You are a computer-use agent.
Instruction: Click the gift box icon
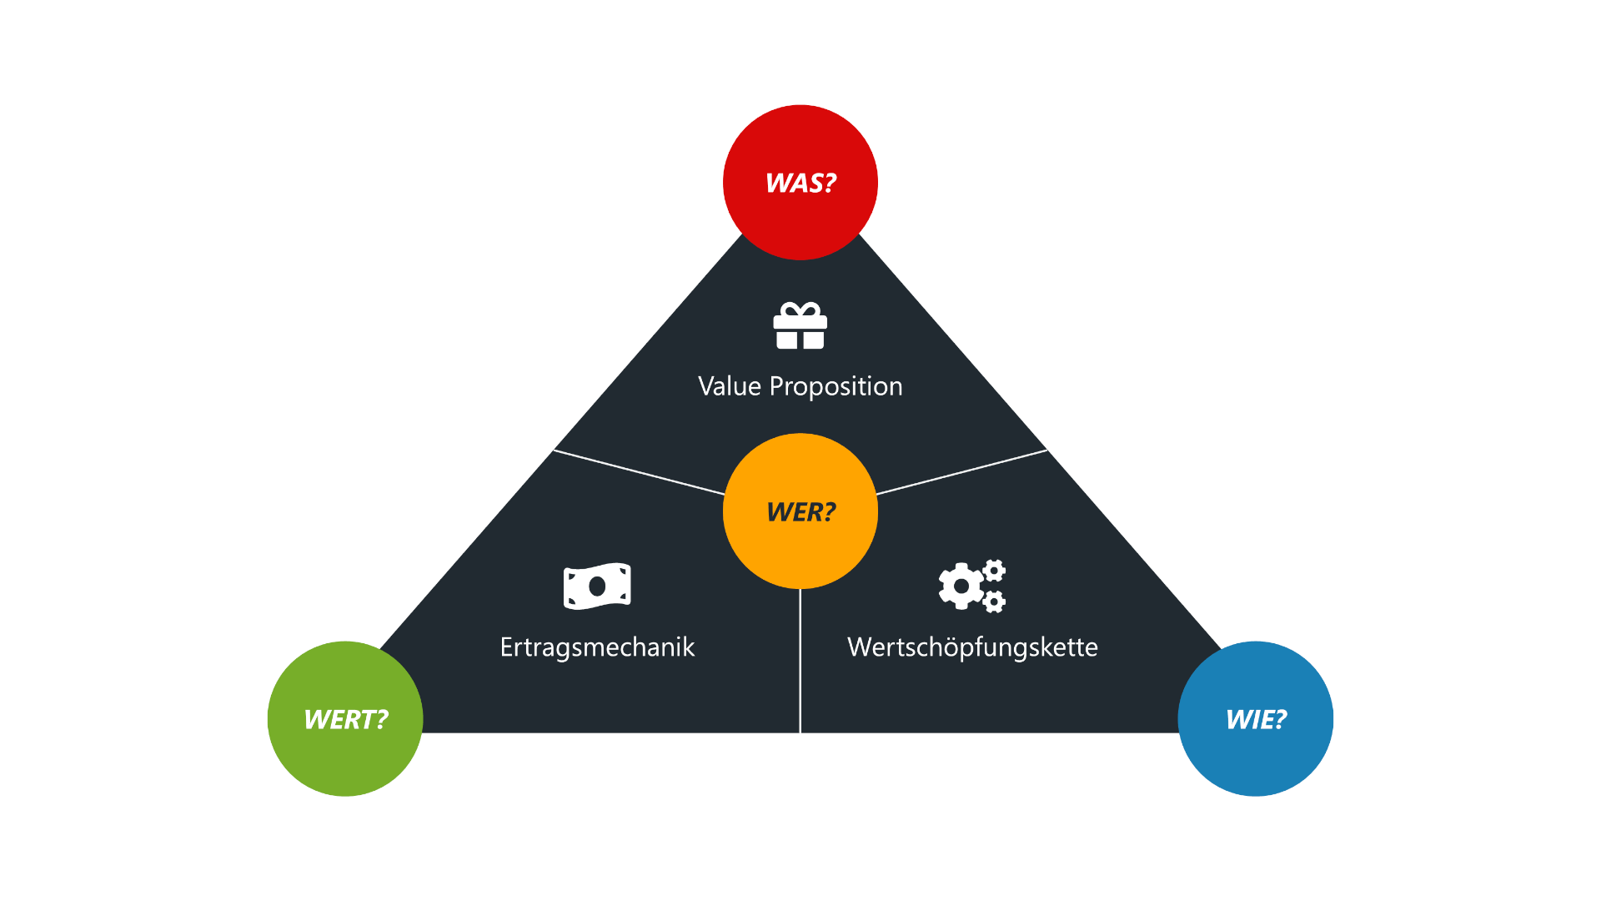tap(800, 326)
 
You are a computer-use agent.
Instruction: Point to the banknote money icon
tap(597, 586)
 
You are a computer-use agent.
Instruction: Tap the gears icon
tap(972, 586)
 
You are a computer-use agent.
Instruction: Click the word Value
tap(730, 386)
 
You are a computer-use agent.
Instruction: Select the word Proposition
tap(836, 387)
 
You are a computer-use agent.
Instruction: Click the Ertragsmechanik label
tap(597, 647)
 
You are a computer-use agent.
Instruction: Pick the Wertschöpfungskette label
tap(972, 647)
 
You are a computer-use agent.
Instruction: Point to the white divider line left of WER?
tap(639, 472)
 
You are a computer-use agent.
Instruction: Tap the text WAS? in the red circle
tap(800, 183)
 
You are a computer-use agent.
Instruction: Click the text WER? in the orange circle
tap(800, 511)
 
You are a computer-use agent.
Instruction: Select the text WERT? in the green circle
tap(346, 719)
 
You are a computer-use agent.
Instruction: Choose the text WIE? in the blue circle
tap(1256, 719)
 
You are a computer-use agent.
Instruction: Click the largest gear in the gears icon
tap(961, 586)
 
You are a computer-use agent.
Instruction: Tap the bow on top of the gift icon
tap(800, 310)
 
